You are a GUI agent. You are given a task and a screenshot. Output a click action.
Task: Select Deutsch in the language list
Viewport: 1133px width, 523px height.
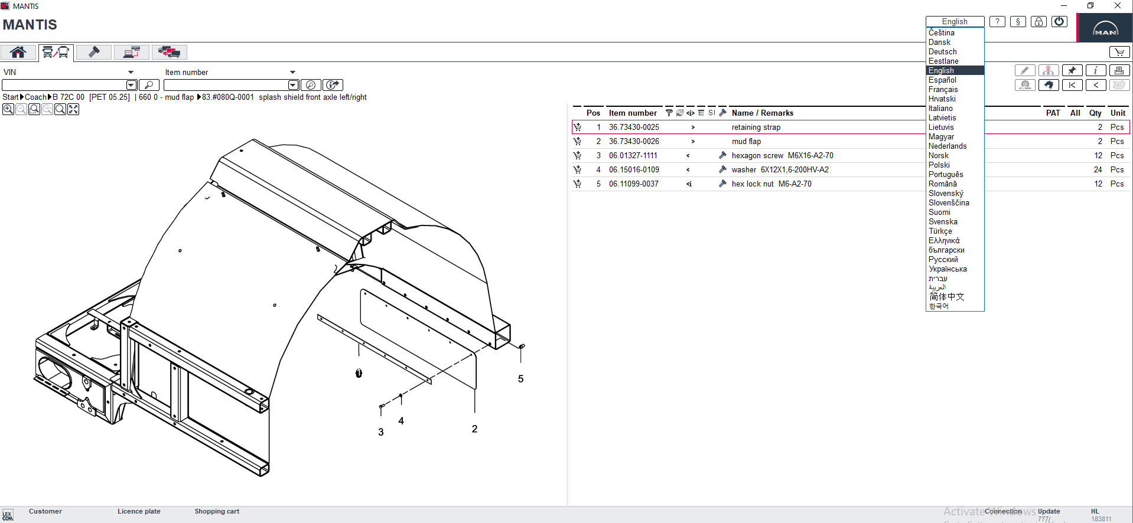point(942,52)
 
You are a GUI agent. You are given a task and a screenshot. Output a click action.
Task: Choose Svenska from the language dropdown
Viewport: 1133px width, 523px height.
point(943,222)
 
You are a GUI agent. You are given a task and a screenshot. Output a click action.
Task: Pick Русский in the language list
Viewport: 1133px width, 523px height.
point(943,260)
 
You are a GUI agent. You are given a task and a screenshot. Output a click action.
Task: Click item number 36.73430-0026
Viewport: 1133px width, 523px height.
point(634,142)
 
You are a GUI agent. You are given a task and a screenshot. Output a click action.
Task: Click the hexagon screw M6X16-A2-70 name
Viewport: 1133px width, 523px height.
point(782,156)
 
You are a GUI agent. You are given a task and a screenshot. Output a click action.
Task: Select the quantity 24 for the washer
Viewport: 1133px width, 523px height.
point(1098,170)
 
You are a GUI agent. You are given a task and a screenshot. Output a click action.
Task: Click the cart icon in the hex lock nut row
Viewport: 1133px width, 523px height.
point(577,184)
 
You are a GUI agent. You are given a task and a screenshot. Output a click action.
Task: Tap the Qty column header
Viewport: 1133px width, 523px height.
point(1095,113)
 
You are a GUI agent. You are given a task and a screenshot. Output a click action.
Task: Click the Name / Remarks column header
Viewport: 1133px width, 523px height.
point(762,113)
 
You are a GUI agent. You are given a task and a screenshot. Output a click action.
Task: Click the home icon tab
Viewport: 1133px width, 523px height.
point(18,53)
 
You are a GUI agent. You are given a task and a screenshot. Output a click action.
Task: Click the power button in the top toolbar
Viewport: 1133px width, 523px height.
point(1059,22)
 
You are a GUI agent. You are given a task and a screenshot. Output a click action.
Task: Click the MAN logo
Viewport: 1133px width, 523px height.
point(1105,28)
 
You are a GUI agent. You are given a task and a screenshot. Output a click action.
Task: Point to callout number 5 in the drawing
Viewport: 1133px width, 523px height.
point(520,379)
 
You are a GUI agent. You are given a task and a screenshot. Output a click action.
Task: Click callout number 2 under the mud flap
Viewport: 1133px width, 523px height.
point(474,429)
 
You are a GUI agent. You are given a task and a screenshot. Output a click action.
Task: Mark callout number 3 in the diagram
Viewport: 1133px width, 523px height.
point(381,432)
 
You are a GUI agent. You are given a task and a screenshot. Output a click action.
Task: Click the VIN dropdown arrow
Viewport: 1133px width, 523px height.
point(131,73)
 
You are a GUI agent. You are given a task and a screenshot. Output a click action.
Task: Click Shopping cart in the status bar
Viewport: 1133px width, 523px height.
point(217,511)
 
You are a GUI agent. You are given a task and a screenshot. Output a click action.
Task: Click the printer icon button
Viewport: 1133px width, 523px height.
point(1119,70)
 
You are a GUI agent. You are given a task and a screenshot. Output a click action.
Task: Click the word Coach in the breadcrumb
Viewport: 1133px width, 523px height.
point(35,97)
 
